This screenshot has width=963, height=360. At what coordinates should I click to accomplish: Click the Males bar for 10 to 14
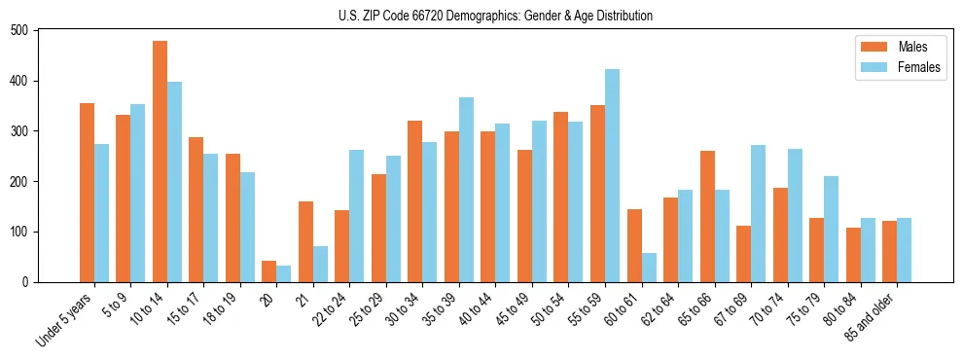(x=160, y=162)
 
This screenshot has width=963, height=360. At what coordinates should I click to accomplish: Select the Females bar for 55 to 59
(x=612, y=176)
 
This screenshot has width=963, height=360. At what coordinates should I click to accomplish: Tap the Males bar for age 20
(x=269, y=271)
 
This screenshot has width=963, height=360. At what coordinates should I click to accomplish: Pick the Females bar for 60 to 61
(x=649, y=268)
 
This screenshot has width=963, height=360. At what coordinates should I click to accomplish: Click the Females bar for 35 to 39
(x=466, y=190)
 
